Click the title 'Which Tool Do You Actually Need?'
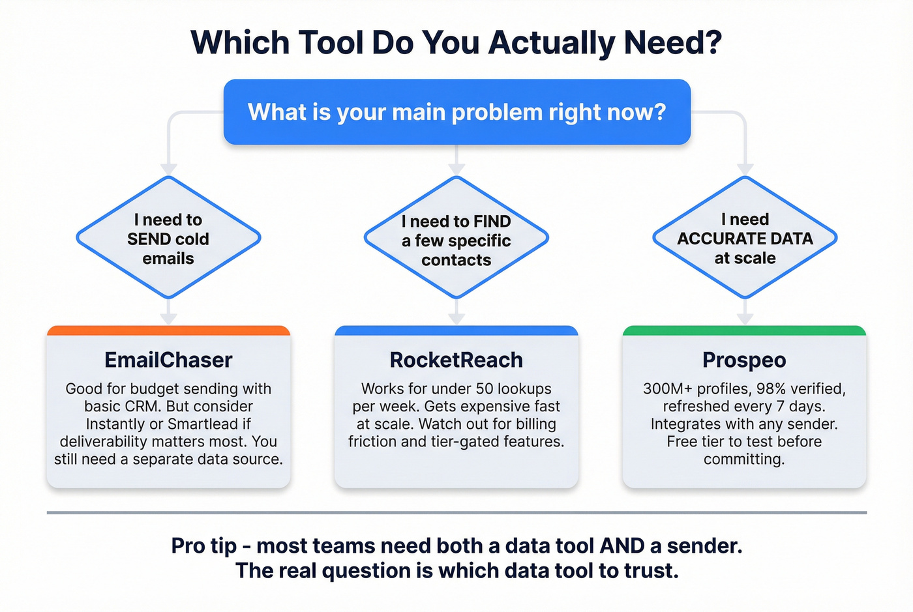click(x=456, y=42)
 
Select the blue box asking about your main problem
click(x=456, y=112)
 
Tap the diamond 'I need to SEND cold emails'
click(x=168, y=239)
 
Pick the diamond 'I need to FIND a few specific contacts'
click(x=456, y=240)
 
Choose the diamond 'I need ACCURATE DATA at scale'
click(x=745, y=239)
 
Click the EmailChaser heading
click(x=168, y=360)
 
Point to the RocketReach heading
click(x=456, y=360)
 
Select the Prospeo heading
click(x=744, y=360)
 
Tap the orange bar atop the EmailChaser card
click(x=168, y=330)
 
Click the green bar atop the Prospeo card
click(x=744, y=330)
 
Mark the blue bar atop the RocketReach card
click(x=456, y=330)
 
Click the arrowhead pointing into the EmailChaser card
click(x=168, y=319)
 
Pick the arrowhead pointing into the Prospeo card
click(x=745, y=319)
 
